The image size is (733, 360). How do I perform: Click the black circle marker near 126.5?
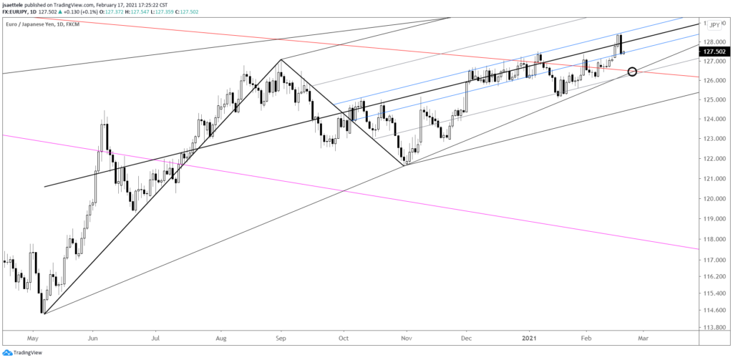click(x=632, y=72)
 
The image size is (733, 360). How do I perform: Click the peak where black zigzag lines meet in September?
click(x=281, y=59)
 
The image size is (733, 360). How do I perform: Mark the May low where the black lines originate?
click(x=44, y=313)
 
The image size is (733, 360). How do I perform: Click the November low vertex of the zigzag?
click(x=406, y=165)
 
